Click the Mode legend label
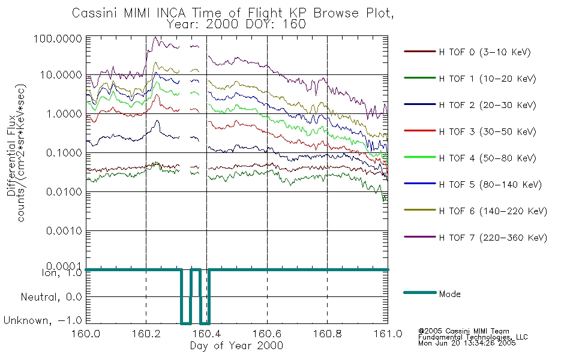coord(449,294)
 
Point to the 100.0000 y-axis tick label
coord(58,38)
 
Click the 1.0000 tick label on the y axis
coord(64,114)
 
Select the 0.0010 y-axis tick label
coord(64,231)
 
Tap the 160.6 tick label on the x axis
coord(267,334)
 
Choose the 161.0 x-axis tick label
coord(388,334)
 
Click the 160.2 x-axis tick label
coord(146,334)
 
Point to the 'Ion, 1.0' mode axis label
coord(62,273)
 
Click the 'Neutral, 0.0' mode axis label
coord(52,297)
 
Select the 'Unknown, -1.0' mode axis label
coord(43,320)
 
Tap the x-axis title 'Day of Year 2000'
coord(236,346)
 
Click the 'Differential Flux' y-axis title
coord(11,155)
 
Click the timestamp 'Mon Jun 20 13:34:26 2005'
coord(467,343)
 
